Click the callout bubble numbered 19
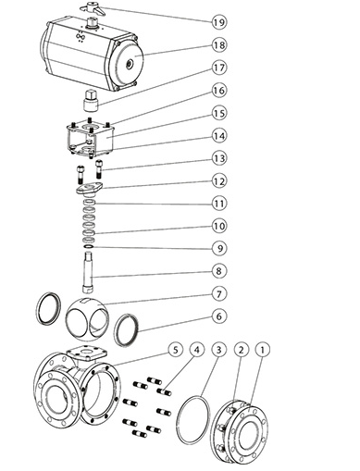[x=219, y=22]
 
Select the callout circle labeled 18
[x=219, y=45]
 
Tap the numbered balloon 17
[x=219, y=68]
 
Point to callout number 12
[x=219, y=181]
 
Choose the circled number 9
[x=219, y=249]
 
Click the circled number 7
[x=219, y=294]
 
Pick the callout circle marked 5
[x=176, y=350]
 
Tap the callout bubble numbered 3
[x=218, y=350]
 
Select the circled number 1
[x=263, y=350]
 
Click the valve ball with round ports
[x=87, y=319]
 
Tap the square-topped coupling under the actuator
[x=91, y=99]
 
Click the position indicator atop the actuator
[x=93, y=7]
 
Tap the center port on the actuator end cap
[x=129, y=64]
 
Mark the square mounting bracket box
[x=90, y=138]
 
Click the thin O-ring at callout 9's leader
[x=89, y=247]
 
